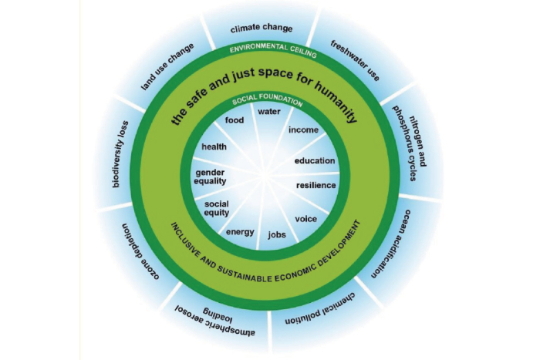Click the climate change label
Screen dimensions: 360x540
262,29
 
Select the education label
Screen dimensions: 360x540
315,160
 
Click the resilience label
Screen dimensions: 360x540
316,186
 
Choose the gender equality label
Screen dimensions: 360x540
211,176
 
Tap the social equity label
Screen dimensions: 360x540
217,209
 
